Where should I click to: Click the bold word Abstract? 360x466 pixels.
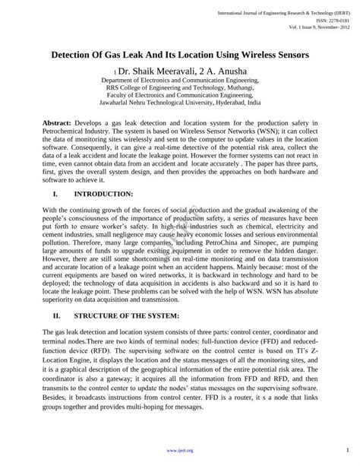(57, 121)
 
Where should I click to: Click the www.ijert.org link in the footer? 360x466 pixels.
(180, 451)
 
